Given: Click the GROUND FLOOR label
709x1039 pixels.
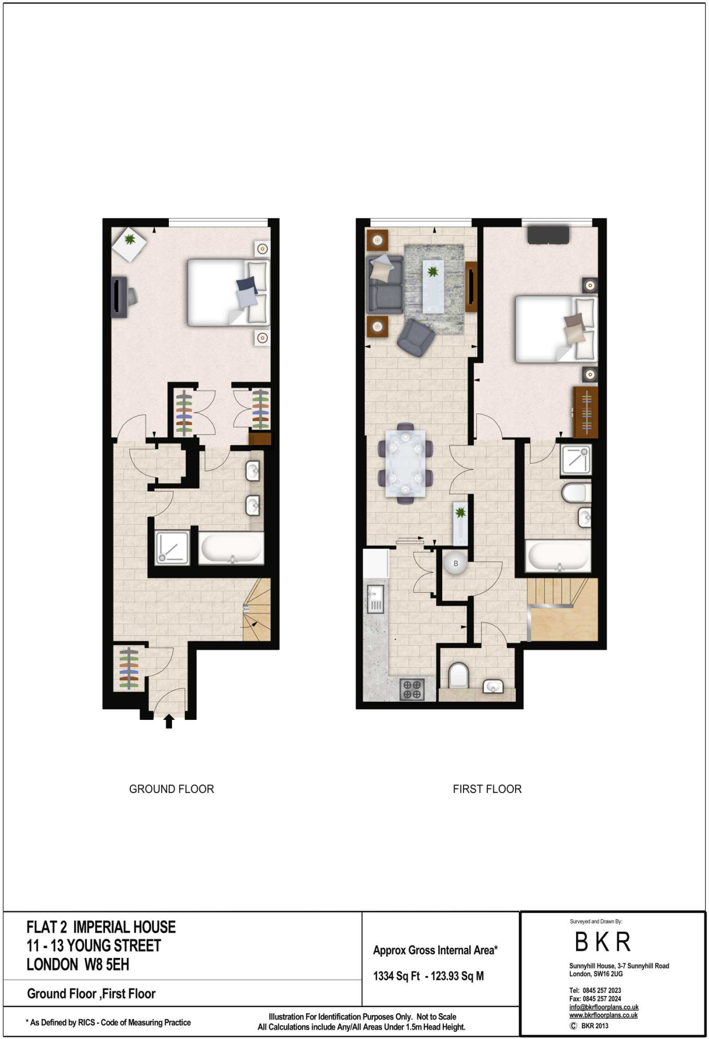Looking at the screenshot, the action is (x=171, y=789).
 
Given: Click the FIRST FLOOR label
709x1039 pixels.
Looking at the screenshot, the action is (x=487, y=789).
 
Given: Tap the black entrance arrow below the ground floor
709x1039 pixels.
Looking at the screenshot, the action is (x=169, y=721).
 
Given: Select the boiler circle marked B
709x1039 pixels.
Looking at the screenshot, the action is (x=455, y=563).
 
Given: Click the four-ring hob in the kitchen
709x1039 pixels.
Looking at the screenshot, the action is (x=412, y=689).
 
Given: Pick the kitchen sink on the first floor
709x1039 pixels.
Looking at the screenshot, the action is (x=375, y=599).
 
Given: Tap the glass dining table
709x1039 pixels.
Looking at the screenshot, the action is (x=405, y=463).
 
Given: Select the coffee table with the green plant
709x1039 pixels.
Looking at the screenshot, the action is (x=433, y=286).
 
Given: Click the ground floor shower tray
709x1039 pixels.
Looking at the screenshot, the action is (x=172, y=548).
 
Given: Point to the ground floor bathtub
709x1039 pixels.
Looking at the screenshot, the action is (x=231, y=548).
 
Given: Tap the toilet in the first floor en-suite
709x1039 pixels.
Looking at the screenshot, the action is (x=576, y=492).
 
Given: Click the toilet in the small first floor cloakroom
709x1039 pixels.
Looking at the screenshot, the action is (x=458, y=675).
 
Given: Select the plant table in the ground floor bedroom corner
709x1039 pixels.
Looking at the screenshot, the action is (x=130, y=244).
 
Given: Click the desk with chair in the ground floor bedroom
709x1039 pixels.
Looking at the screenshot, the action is (x=123, y=297).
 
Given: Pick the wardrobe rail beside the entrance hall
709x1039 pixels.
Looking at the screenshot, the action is (x=129, y=669).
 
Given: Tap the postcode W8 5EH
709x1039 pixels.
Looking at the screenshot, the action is (x=107, y=964).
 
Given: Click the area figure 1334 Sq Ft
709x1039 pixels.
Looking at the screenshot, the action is (x=397, y=976).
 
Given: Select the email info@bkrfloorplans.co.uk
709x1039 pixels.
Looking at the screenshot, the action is (x=604, y=1008).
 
